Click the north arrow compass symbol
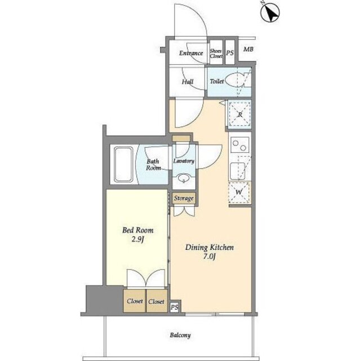tap(270, 12)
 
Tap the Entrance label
tap(191, 53)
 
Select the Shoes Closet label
tap(216, 54)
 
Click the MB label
tap(248, 49)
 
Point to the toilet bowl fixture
tap(234, 80)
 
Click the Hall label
tap(188, 82)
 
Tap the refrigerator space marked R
tap(240, 114)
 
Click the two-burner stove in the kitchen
tap(240, 145)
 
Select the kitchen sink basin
tap(238, 171)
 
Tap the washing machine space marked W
tap(239, 192)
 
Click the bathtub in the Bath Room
tap(124, 164)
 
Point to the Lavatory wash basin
tap(184, 178)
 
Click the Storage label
tap(184, 198)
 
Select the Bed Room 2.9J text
tap(137, 235)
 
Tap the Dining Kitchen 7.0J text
tap(210, 252)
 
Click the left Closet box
tap(135, 301)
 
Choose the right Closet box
tap(157, 301)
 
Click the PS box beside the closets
tap(175, 307)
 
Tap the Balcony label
tap(180, 336)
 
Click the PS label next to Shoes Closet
tap(230, 53)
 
